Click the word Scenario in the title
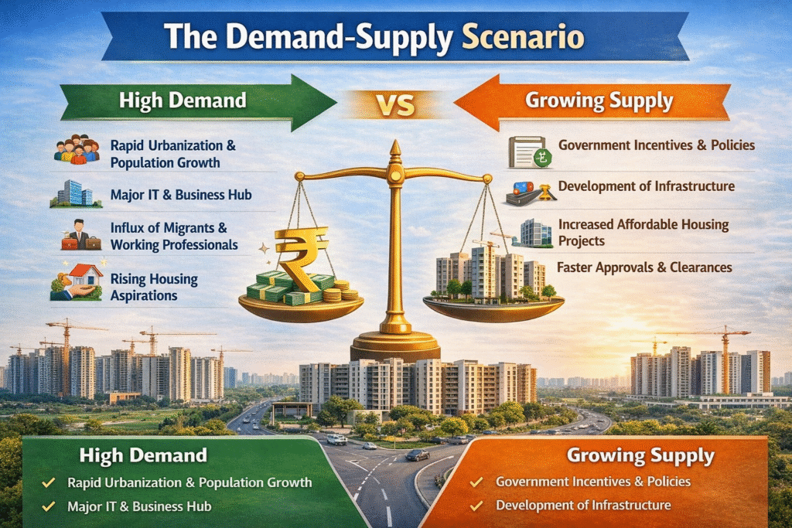point(523,36)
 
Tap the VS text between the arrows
point(395,105)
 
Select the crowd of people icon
point(77,149)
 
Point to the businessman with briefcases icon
point(80,235)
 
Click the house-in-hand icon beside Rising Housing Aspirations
point(77,282)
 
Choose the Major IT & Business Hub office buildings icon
point(76,194)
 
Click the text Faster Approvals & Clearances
point(644,267)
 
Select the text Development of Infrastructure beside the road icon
point(646,186)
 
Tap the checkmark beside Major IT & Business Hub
point(49,506)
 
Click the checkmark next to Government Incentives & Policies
point(476,482)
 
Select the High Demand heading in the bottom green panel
point(143,455)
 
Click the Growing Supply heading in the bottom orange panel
point(640,455)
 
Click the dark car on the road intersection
point(418,455)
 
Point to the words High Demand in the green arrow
point(183,100)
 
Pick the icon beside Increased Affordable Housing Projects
point(531,233)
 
